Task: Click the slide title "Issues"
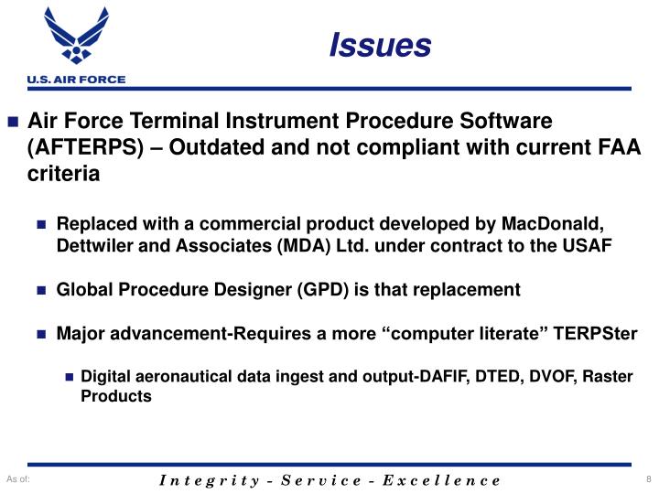pyautogui.click(x=380, y=44)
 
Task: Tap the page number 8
pyautogui.click(x=647, y=480)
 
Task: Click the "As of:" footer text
pyautogui.click(x=18, y=480)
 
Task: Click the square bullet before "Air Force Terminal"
pyautogui.click(x=14, y=123)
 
